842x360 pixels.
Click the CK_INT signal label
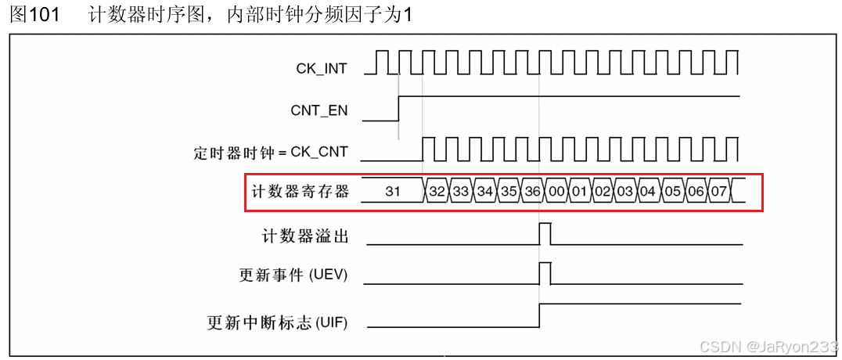[321, 69]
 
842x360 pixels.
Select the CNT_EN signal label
[318, 110]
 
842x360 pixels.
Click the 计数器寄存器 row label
[300, 191]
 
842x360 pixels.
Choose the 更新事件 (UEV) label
[293, 275]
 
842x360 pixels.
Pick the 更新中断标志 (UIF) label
[277, 321]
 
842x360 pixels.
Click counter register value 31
[393, 191]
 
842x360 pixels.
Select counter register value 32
[437, 191]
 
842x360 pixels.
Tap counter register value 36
[532, 191]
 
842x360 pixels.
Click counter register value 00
[556, 191]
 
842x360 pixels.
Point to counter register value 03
[624, 191]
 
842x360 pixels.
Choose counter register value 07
[719, 191]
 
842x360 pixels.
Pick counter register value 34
[484, 191]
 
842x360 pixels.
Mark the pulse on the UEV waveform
[545, 274]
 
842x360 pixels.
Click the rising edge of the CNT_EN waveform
[399, 108]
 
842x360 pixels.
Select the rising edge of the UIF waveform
[540, 315]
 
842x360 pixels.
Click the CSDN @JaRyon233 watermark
[768, 347]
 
